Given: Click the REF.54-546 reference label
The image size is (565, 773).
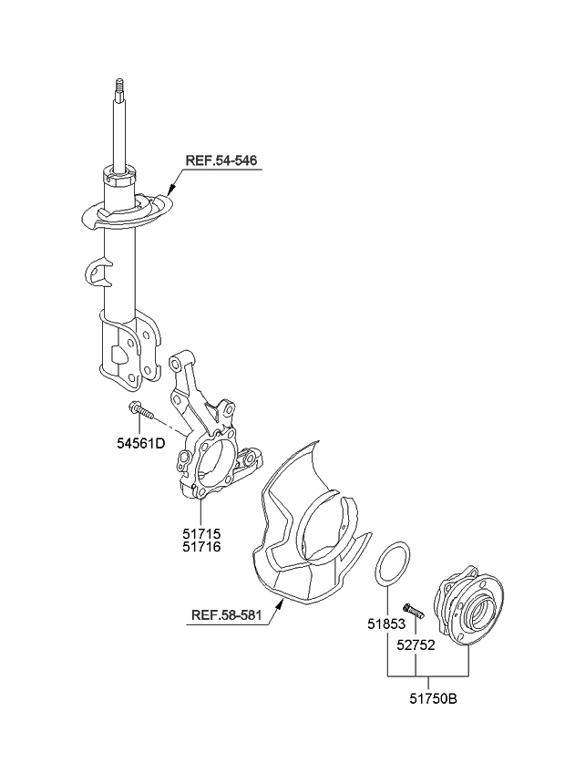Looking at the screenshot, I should pos(221,160).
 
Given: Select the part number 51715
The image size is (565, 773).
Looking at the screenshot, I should pos(200,532).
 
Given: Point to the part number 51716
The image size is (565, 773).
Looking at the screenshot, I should pos(200,546).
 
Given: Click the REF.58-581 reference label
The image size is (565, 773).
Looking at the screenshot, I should pos(227,615).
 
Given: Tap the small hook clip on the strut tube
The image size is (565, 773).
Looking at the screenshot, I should pos(98,271).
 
